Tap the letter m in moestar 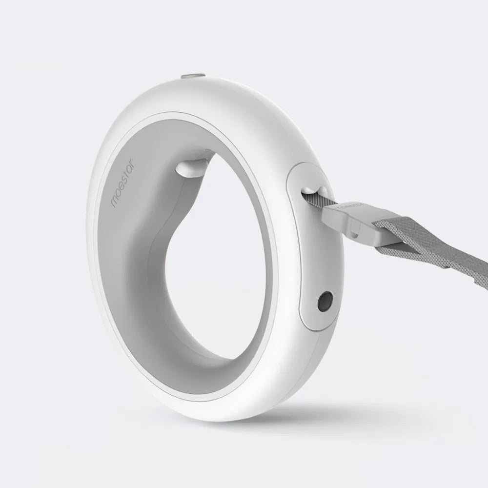(x=114, y=202)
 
